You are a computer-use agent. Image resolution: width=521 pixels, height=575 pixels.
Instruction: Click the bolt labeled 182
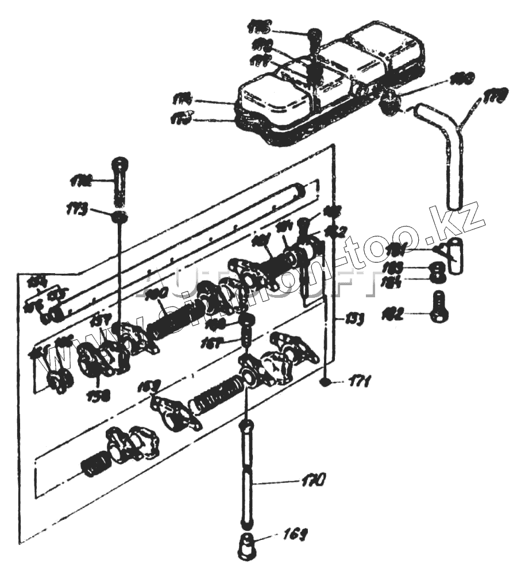[439, 305]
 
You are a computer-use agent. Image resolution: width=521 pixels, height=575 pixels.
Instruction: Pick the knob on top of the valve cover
[315, 39]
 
